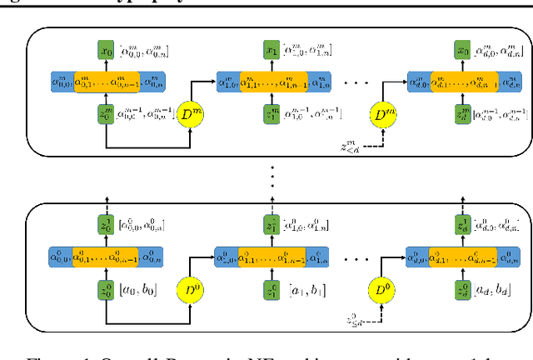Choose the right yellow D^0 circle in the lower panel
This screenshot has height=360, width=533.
tap(381, 290)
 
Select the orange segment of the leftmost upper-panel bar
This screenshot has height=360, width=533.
tap(105, 82)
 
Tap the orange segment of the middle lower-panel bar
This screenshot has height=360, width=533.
tap(271, 259)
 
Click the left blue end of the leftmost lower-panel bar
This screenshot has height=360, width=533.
tap(61, 259)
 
